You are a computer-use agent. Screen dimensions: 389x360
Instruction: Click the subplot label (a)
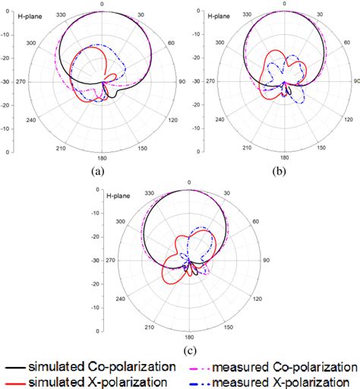(x=96, y=172)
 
